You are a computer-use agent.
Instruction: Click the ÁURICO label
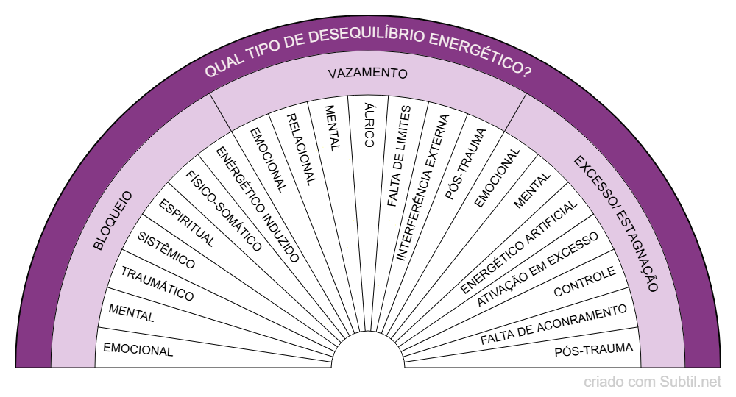click(369, 124)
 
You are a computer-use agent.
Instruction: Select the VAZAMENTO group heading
click(367, 74)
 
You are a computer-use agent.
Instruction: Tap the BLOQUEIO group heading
click(113, 220)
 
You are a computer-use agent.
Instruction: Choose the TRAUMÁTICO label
click(158, 285)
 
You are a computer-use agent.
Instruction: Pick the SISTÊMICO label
click(167, 250)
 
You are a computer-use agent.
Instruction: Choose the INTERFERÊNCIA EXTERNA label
click(422, 187)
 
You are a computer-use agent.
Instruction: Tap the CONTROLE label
click(584, 282)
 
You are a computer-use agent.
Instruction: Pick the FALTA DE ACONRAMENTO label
click(553, 324)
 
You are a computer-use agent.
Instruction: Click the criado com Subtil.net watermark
click(652, 382)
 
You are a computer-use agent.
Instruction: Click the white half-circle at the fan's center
click(368, 352)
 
